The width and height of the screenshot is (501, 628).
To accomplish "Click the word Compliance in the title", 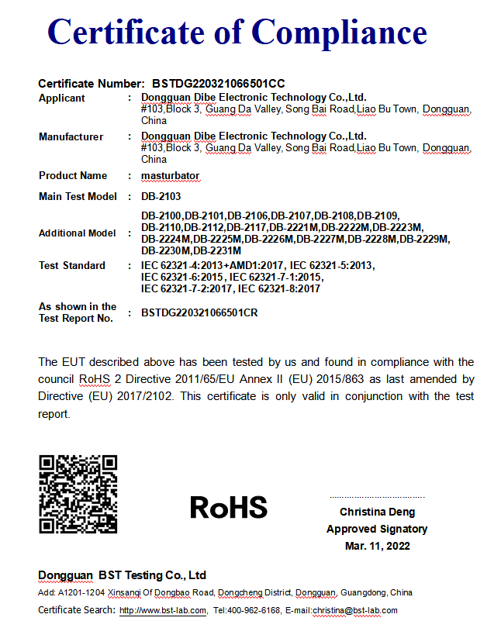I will pyautogui.click(x=339, y=33).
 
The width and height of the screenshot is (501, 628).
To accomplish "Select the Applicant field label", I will pyautogui.click(x=62, y=98).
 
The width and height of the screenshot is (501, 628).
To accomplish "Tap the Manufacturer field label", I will pyautogui.click(x=71, y=137).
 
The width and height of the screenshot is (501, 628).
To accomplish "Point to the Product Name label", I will pyautogui.click(x=73, y=176).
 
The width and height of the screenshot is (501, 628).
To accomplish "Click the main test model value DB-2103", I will pyautogui.click(x=161, y=197).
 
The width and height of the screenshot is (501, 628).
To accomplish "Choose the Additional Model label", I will pyautogui.click(x=78, y=233).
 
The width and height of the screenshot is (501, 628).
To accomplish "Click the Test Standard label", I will pyautogui.click(x=72, y=266).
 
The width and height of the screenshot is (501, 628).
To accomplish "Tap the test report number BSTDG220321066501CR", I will pyautogui.click(x=199, y=313).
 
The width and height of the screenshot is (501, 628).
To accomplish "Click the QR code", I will pyautogui.click(x=78, y=495).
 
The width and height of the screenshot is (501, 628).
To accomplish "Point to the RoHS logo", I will pyautogui.click(x=229, y=508).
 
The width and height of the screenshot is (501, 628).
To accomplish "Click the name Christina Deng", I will pyautogui.click(x=377, y=512).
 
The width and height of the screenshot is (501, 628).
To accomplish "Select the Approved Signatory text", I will pyautogui.click(x=377, y=530).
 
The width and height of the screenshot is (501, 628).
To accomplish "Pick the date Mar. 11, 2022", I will pyautogui.click(x=377, y=547).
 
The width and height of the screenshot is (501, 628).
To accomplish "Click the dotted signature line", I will pyautogui.click(x=377, y=497).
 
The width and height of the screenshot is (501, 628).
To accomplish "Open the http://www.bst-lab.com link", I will pyautogui.click(x=163, y=611).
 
